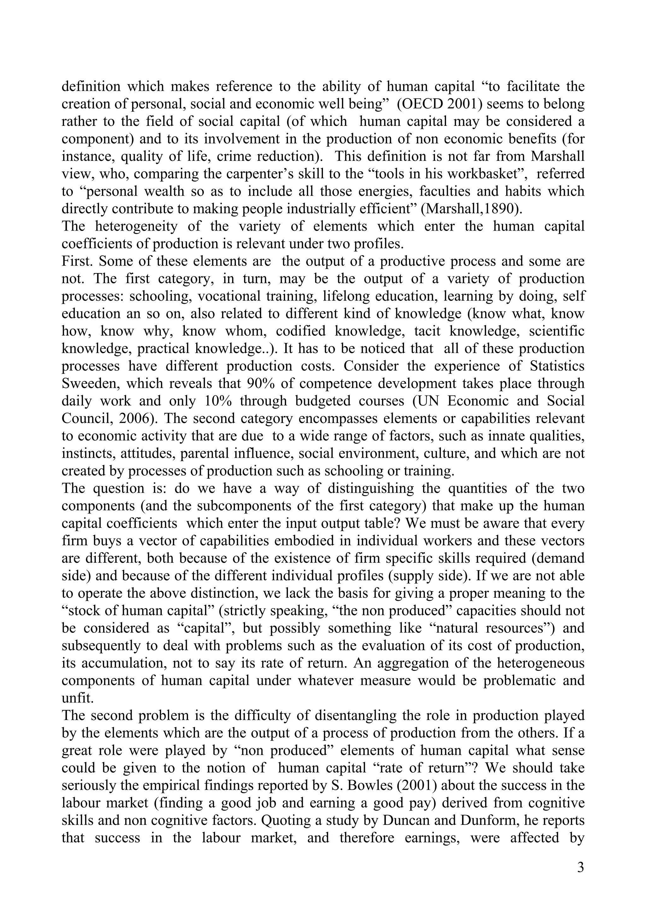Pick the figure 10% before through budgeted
217,401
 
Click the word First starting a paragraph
77,261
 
